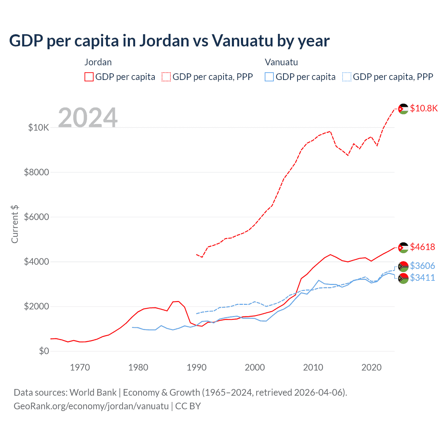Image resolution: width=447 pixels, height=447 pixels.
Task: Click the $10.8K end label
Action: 424,108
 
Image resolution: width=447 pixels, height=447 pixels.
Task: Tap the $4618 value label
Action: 422,247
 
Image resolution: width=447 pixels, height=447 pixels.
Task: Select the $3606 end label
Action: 422,266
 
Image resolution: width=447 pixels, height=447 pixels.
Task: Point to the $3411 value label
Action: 422,278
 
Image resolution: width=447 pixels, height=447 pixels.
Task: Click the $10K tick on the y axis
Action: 39,127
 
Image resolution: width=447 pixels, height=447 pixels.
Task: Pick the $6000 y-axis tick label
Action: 37,217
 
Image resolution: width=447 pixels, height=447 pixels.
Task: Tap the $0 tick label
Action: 44,351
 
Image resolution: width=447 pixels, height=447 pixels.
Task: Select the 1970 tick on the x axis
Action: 80,367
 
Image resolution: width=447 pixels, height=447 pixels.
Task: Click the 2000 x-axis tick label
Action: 255,367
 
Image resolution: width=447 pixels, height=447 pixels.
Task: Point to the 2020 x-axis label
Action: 371,367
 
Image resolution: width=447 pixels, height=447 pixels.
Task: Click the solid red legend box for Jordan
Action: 89,77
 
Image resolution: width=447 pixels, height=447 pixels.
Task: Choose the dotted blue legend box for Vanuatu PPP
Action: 347,77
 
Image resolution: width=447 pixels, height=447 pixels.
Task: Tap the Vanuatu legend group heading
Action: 281,62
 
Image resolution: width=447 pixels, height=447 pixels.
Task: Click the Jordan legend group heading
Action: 98,62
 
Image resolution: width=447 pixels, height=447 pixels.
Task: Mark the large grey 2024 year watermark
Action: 88,118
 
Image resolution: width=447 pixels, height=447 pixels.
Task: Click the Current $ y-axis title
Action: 15,224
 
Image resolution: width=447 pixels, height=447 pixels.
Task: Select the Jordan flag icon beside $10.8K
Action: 403,109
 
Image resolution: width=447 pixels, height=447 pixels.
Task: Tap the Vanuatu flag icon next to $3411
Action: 403,278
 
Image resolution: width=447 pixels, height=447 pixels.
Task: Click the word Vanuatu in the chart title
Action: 242,41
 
